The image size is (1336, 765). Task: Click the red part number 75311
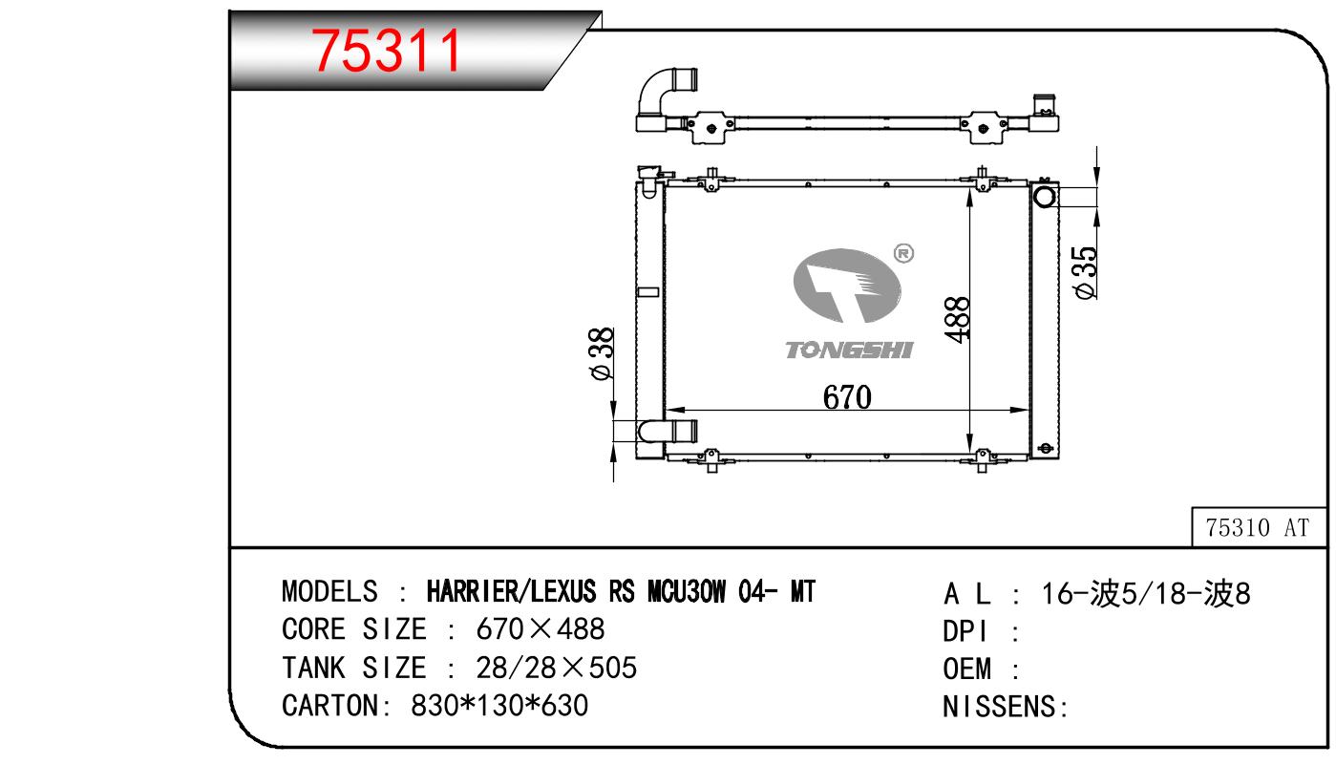[386, 51]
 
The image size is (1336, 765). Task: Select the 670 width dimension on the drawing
[847, 397]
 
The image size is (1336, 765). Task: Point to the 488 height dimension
[957, 320]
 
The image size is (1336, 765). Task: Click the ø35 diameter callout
[1085, 272]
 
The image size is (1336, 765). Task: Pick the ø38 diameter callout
[602, 353]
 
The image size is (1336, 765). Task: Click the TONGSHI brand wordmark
[849, 350]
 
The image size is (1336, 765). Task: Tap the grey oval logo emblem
[847, 286]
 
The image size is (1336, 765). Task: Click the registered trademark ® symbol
[904, 253]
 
